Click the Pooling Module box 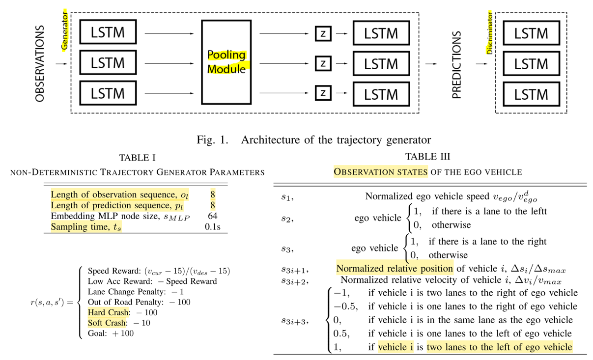pos(226,62)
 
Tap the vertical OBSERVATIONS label pos(40,64)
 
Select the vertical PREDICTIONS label pos(457,65)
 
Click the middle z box pos(323,64)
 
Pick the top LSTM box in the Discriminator pos(531,33)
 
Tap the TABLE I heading pos(137,158)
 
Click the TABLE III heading pos(427,157)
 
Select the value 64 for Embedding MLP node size pos(213,216)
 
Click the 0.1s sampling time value pos(212,227)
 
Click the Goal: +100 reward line pos(111,333)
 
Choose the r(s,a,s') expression pos(51,303)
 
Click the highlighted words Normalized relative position pos(395,269)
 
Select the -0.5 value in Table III pos(345,306)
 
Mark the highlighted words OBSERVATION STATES pos(381,172)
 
